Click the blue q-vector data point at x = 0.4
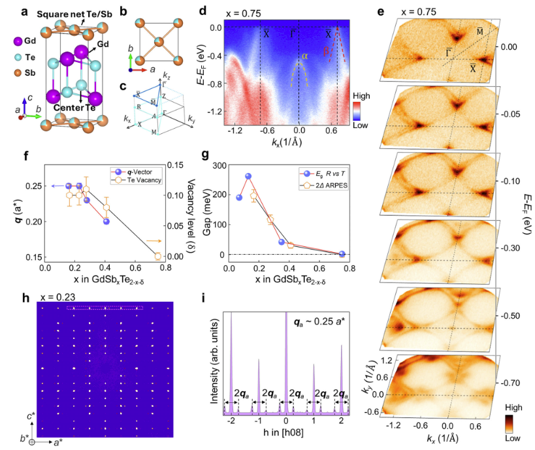(x=106, y=221)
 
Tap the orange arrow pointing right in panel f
(x=153, y=241)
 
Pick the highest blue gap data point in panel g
(x=248, y=176)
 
